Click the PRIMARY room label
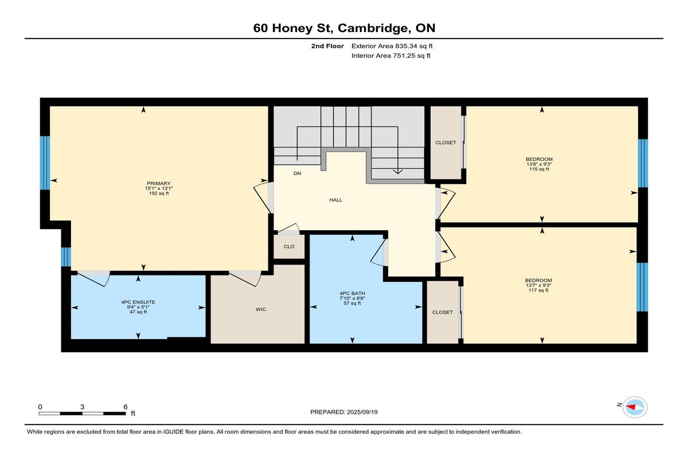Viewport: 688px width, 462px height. pyautogui.click(x=158, y=183)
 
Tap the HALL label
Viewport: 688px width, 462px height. pyautogui.click(x=336, y=200)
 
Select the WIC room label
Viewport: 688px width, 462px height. pyautogui.click(x=261, y=309)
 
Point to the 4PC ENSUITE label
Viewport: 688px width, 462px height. pyautogui.click(x=138, y=302)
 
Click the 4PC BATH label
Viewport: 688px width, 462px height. pyautogui.click(x=352, y=293)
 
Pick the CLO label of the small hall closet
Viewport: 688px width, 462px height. pyautogui.click(x=289, y=247)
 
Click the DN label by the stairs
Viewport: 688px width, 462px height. pyautogui.click(x=298, y=173)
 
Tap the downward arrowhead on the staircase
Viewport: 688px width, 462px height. pyautogui.click(x=398, y=171)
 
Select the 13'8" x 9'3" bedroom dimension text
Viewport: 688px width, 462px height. pyautogui.click(x=539, y=164)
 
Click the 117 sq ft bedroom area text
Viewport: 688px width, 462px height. pyautogui.click(x=538, y=290)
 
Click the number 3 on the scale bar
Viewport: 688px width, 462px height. pyautogui.click(x=83, y=407)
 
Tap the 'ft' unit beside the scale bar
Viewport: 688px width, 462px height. pyautogui.click(x=133, y=413)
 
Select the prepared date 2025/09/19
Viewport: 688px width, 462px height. pyautogui.click(x=362, y=412)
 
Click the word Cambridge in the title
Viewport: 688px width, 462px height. pyautogui.click(x=374, y=28)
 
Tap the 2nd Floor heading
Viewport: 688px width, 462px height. pyautogui.click(x=327, y=46)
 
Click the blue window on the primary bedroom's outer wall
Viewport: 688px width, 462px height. pyautogui.click(x=45, y=163)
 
